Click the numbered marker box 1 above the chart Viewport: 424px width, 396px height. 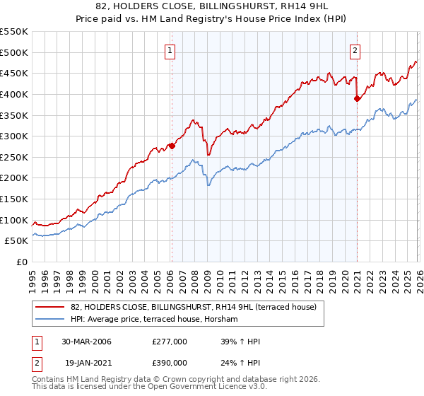[x=171, y=50]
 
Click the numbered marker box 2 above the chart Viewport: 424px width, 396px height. [x=354, y=50]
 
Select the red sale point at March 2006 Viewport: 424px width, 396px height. [x=171, y=146]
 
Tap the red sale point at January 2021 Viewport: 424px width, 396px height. [x=357, y=99]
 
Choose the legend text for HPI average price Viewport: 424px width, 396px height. [x=154, y=320]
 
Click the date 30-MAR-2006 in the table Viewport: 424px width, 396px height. [x=86, y=342]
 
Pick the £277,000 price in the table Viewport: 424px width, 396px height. [x=170, y=342]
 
